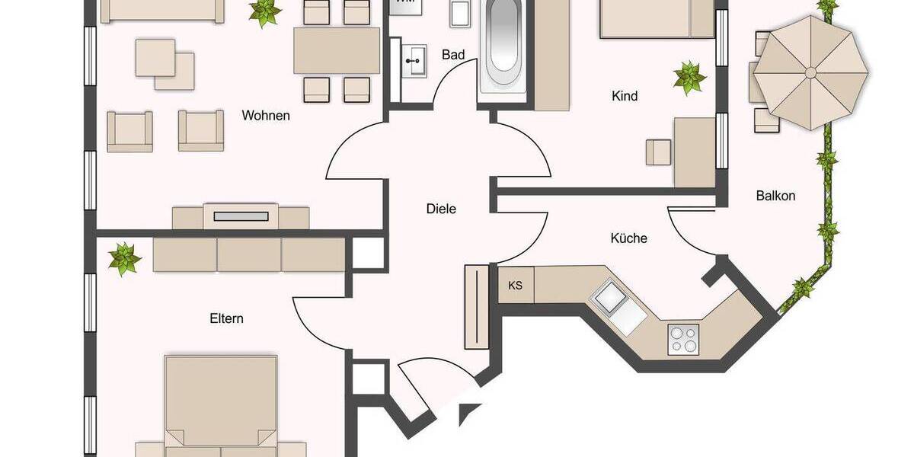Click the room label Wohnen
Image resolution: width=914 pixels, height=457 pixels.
(266, 116)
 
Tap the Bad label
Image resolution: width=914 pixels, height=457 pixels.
(453, 55)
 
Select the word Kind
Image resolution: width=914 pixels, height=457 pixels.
(625, 97)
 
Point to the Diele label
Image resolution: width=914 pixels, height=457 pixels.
(441, 208)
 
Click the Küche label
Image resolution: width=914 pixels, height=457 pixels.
(628, 238)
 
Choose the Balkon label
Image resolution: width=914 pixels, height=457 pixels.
(775, 196)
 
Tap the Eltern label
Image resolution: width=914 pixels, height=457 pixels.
(227, 318)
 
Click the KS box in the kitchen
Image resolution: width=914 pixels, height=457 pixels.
(516, 286)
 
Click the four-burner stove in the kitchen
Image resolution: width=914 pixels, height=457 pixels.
(682, 339)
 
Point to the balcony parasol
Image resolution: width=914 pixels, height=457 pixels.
(812, 72)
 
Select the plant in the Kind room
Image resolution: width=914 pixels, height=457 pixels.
(689, 78)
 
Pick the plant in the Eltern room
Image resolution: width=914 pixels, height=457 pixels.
(124, 259)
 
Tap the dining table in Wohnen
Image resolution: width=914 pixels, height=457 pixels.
(337, 50)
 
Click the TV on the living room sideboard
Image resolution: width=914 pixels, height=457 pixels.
(241, 216)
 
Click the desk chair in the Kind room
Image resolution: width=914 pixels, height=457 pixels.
(659, 152)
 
